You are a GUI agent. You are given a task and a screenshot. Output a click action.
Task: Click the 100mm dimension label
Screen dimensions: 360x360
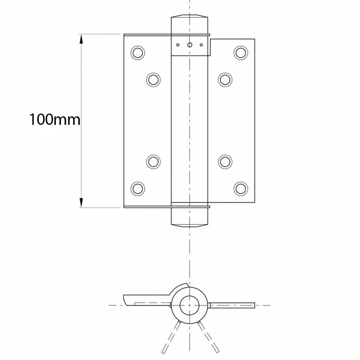click(x=54, y=120)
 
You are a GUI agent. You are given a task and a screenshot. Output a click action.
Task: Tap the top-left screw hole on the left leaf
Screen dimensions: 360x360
click(x=137, y=53)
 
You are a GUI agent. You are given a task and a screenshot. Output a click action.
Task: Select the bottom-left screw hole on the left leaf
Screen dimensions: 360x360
click(x=137, y=188)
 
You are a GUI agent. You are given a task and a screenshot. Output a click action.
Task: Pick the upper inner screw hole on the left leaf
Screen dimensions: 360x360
click(x=153, y=79)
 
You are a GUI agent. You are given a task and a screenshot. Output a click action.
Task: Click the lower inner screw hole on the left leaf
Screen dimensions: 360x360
click(x=153, y=162)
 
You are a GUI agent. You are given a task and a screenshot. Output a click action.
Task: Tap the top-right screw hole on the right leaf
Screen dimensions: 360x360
click(x=241, y=53)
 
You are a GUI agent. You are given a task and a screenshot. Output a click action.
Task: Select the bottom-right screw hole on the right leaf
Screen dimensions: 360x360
click(x=241, y=188)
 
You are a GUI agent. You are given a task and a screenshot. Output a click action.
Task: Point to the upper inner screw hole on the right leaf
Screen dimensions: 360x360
click(x=225, y=79)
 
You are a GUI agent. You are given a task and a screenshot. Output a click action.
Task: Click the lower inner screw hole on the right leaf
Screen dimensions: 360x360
click(x=225, y=162)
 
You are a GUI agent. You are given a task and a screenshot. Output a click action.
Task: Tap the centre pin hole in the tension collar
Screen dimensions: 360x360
click(x=190, y=45)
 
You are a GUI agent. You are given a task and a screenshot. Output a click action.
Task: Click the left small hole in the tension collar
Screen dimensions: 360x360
click(x=178, y=45)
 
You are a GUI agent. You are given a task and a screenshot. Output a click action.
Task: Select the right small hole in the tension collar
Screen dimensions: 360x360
click(x=201, y=45)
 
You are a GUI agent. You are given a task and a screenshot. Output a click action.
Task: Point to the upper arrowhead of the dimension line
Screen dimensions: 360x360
click(x=81, y=39)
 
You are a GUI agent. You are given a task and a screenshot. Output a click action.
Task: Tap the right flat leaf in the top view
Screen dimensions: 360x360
click(x=232, y=305)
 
